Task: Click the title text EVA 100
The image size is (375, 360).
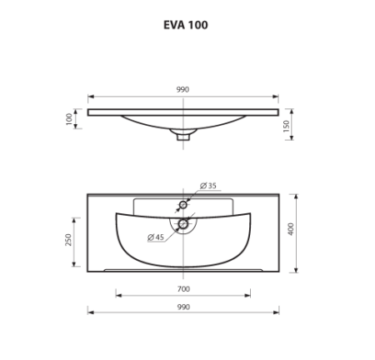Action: coord(185,24)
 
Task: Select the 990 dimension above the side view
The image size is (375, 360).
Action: coord(183,89)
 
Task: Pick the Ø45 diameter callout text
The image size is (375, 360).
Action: coord(155,237)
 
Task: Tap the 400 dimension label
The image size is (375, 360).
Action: coord(289,229)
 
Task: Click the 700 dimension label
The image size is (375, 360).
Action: coord(184,288)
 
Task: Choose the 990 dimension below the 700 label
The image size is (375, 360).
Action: coord(184,307)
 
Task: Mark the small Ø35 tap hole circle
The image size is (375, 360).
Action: coord(183,203)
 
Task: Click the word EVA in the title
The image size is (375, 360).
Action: coord(172,24)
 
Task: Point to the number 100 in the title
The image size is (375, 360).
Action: coord(197,24)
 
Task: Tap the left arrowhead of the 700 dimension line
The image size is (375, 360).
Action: coord(117,295)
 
